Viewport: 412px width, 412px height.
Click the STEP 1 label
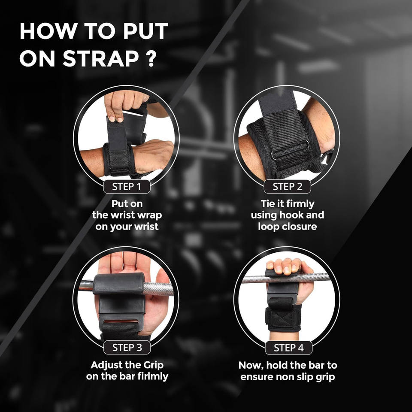click(x=127, y=187)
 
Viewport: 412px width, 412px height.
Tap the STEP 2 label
click(x=287, y=187)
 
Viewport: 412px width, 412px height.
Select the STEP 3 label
click(x=127, y=347)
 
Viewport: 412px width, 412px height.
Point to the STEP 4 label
click(x=288, y=348)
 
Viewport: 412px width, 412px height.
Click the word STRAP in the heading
click(x=101, y=58)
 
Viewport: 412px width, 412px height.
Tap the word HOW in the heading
click(x=48, y=31)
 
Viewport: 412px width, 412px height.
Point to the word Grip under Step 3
click(x=153, y=365)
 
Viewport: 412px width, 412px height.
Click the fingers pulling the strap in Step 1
click(x=126, y=105)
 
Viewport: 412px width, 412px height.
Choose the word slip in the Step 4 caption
click(x=305, y=376)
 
